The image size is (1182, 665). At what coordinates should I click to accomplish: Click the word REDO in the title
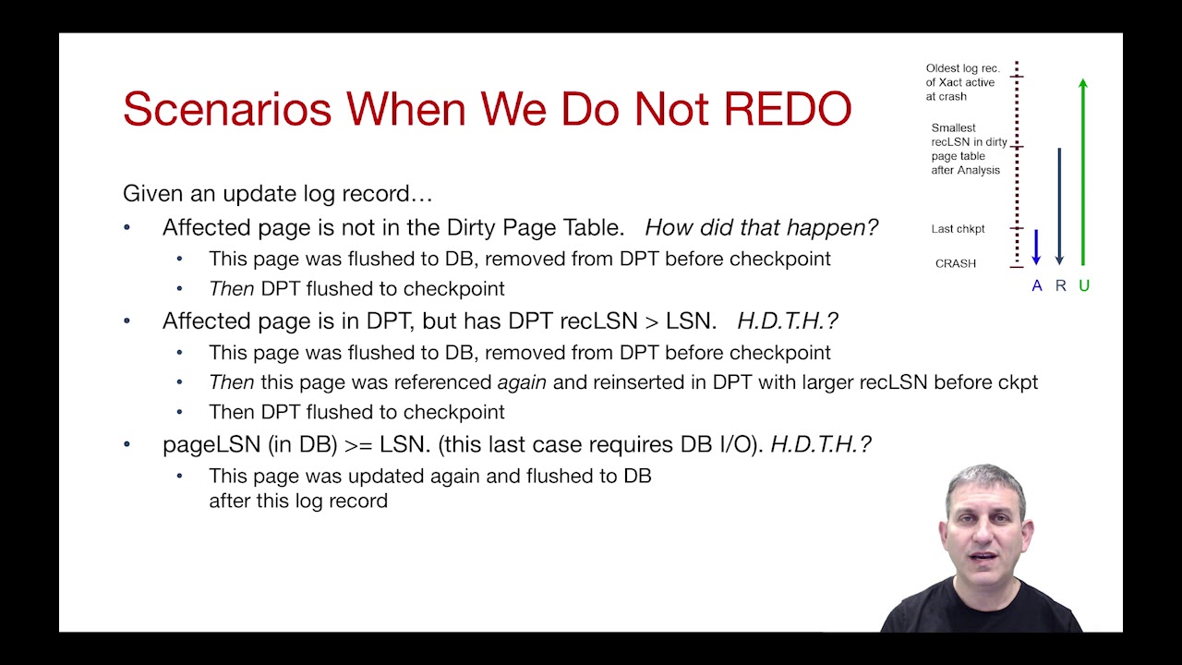[788, 109]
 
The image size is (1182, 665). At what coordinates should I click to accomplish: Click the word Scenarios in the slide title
[227, 109]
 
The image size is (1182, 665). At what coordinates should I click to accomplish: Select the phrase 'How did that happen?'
[761, 227]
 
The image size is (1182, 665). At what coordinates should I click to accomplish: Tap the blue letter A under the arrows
[1036, 286]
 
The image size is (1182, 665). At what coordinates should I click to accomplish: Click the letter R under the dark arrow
[1060, 286]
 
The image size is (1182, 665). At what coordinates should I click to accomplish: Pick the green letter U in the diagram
[1084, 286]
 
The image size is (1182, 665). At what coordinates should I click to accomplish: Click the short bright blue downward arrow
[1036, 247]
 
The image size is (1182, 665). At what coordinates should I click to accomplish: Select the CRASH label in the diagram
[955, 263]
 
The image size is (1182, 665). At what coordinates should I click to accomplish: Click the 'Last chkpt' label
[958, 229]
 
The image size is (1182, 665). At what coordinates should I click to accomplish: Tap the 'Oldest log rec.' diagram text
[962, 68]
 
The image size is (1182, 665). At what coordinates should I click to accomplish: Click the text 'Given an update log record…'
[277, 194]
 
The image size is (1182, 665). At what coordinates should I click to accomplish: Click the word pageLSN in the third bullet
[211, 444]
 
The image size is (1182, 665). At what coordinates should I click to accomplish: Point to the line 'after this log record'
[297, 501]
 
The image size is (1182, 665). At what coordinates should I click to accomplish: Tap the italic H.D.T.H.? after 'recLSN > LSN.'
[787, 320]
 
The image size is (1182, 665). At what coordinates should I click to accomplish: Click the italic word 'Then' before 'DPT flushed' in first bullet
[231, 289]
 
